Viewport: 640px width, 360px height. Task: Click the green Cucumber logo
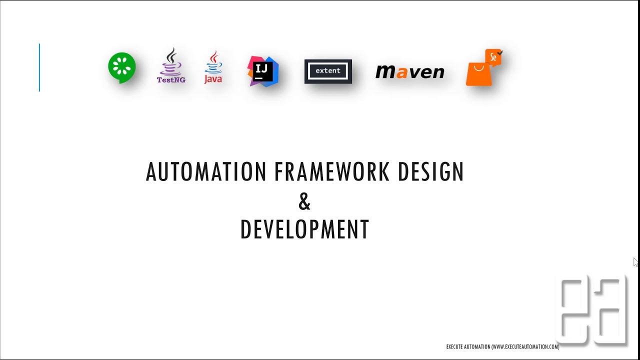[122, 67]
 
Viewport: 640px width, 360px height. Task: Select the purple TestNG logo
[171, 65]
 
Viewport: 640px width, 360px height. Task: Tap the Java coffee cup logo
[213, 67]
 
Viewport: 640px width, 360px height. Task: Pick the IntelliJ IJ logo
[263, 71]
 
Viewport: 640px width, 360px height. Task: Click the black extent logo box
[328, 71]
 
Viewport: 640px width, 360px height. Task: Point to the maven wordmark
[409, 72]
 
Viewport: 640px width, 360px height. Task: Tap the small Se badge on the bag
[493, 57]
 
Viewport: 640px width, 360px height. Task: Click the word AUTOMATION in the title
[206, 172]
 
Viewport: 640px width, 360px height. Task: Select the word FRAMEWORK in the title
[332, 172]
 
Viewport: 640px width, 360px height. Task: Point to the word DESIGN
[431, 172]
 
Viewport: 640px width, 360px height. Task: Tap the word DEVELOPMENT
[304, 229]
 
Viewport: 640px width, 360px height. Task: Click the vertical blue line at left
[39, 67]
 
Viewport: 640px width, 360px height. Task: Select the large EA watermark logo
[592, 310]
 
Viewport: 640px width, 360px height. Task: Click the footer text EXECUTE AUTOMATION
[468, 346]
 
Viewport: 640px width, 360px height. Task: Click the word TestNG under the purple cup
[171, 79]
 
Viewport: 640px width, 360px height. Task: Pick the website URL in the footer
[525, 346]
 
